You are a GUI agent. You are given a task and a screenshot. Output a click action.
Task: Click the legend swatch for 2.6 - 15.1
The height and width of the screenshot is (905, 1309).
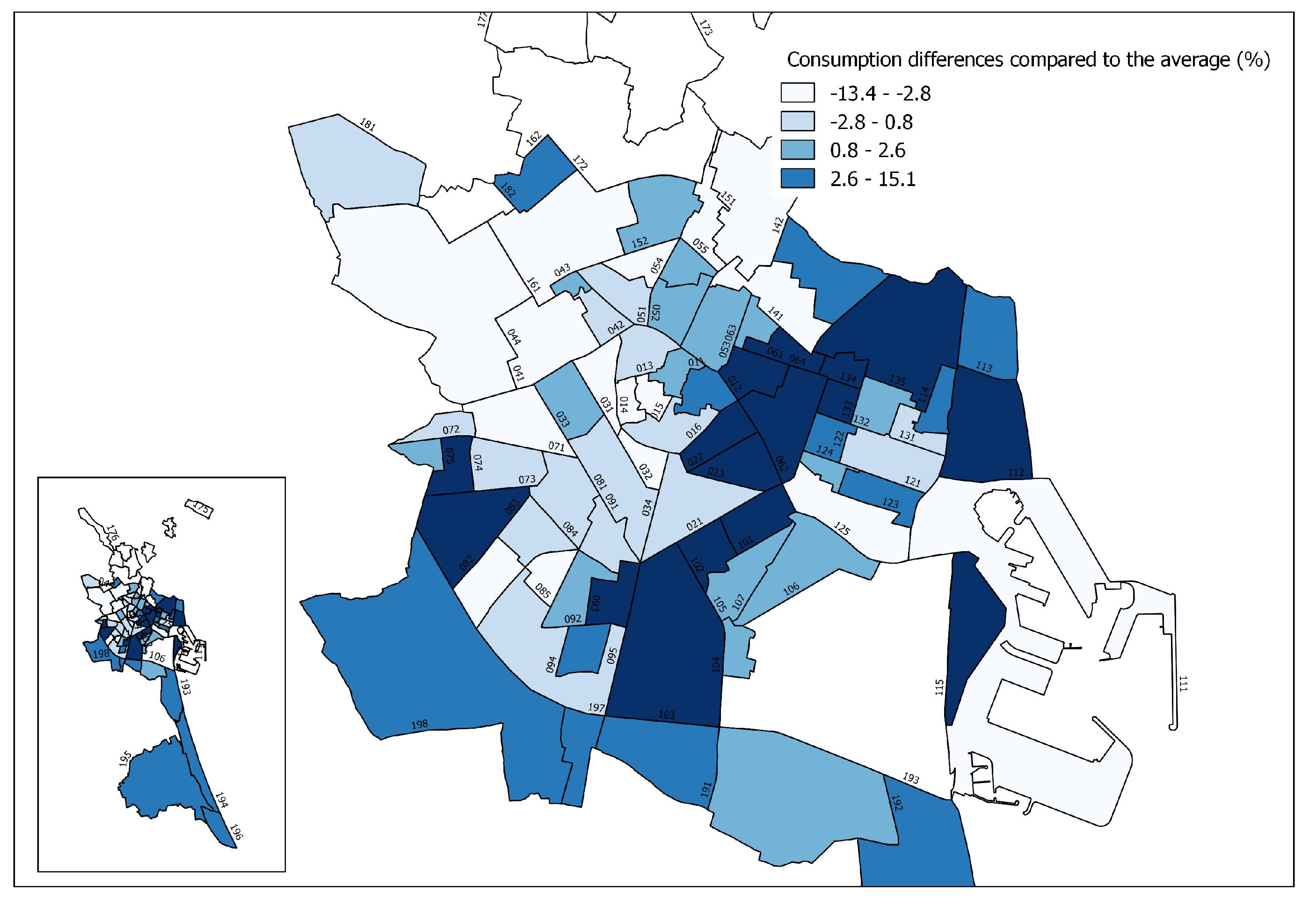797,179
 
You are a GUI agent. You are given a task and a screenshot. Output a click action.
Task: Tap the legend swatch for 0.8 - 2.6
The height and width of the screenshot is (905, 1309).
797,150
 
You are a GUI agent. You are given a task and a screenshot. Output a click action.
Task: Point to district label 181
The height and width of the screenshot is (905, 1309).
368,125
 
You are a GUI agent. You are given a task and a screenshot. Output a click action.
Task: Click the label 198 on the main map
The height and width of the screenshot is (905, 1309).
419,724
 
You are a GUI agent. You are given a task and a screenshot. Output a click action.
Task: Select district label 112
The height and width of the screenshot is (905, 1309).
1016,472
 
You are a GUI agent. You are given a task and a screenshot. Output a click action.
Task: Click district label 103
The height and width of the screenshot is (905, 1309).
667,715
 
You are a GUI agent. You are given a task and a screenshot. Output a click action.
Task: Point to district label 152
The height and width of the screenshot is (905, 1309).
640,242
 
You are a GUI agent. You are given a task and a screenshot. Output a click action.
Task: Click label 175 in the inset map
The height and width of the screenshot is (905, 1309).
200,508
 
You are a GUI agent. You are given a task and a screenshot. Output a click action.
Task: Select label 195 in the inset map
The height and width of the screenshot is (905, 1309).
126,759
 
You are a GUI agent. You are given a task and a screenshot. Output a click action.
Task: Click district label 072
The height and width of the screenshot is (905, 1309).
451,430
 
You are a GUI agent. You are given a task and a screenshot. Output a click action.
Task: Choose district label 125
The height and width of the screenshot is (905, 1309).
842,529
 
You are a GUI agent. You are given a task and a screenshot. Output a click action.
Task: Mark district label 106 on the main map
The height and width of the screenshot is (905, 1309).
791,589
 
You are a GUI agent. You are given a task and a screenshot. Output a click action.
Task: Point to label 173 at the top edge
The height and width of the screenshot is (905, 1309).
705,29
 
